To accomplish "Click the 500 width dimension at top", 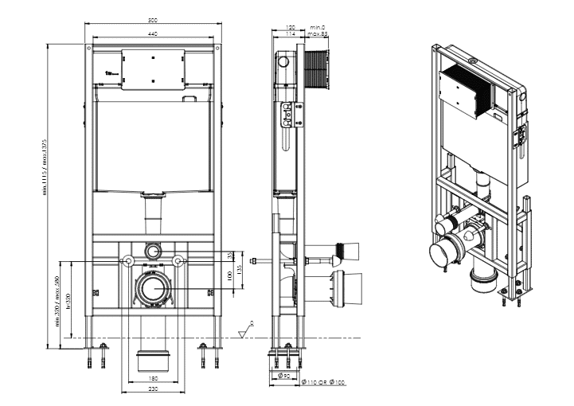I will pos(152,19).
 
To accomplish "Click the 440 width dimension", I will pos(152,33).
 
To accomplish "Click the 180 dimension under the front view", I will pos(152,379).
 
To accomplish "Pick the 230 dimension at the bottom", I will pos(152,389).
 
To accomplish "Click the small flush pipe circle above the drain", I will pos(152,251).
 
